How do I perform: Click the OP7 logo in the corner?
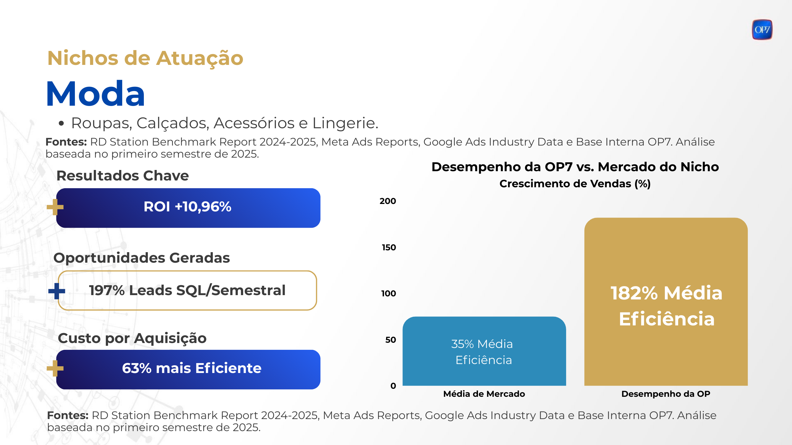click(762, 30)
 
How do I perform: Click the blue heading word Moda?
click(96, 94)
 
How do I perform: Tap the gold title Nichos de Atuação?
click(145, 58)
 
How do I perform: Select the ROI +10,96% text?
click(187, 207)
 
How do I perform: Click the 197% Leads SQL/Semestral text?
click(187, 290)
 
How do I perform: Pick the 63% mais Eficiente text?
click(192, 368)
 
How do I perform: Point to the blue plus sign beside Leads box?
click(57, 291)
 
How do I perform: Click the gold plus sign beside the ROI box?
click(55, 207)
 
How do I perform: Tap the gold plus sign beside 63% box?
click(55, 368)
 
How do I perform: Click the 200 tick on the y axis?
click(388, 201)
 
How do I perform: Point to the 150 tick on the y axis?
click(389, 248)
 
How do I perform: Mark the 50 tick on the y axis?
click(390, 340)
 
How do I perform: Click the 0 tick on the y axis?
click(393, 386)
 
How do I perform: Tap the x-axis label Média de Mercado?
click(484, 394)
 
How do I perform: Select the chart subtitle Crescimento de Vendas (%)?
click(575, 184)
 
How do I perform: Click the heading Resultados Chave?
click(123, 176)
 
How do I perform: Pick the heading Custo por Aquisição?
click(132, 338)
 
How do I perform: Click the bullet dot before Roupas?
click(61, 124)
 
